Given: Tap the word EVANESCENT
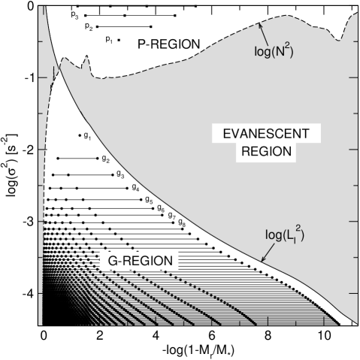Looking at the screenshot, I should [x=264, y=135].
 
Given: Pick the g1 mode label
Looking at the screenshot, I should [x=87, y=137].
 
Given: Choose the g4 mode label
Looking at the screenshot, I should [x=135, y=187].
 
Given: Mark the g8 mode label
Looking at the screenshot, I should [x=181, y=224].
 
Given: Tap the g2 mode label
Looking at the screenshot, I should [x=105, y=160].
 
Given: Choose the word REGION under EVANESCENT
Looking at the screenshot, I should [x=264, y=152].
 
